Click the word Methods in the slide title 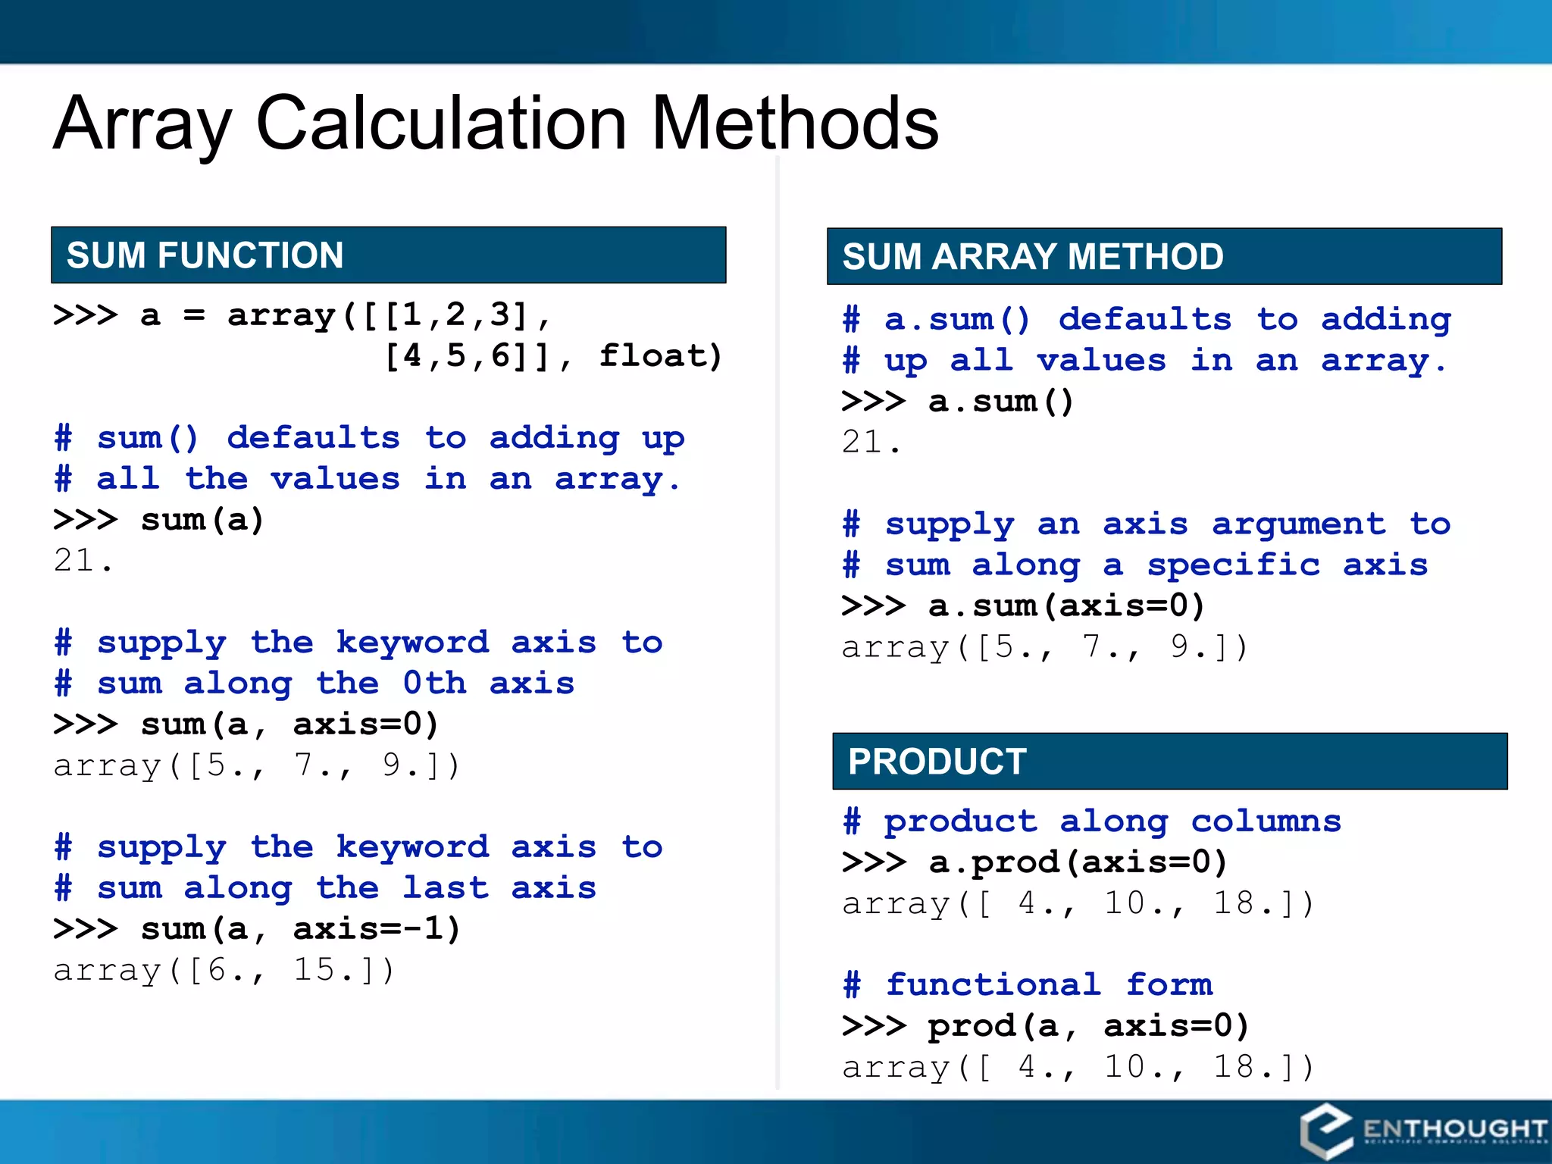pos(795,124)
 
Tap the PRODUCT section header pos(937,762)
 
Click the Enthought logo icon pos(1325,1131)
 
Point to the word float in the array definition pos(660,355)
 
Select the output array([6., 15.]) pos(224,970)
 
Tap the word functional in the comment pos(993,984)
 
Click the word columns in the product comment pos(1266,821)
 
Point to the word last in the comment pos(446,887)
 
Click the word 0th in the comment pos(434,683)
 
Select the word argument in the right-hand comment pos(1298,524)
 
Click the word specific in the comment pos(1233,565)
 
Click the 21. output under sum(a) pos(83,561)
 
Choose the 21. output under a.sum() pos(871,442)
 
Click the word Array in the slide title pos(142,124)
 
